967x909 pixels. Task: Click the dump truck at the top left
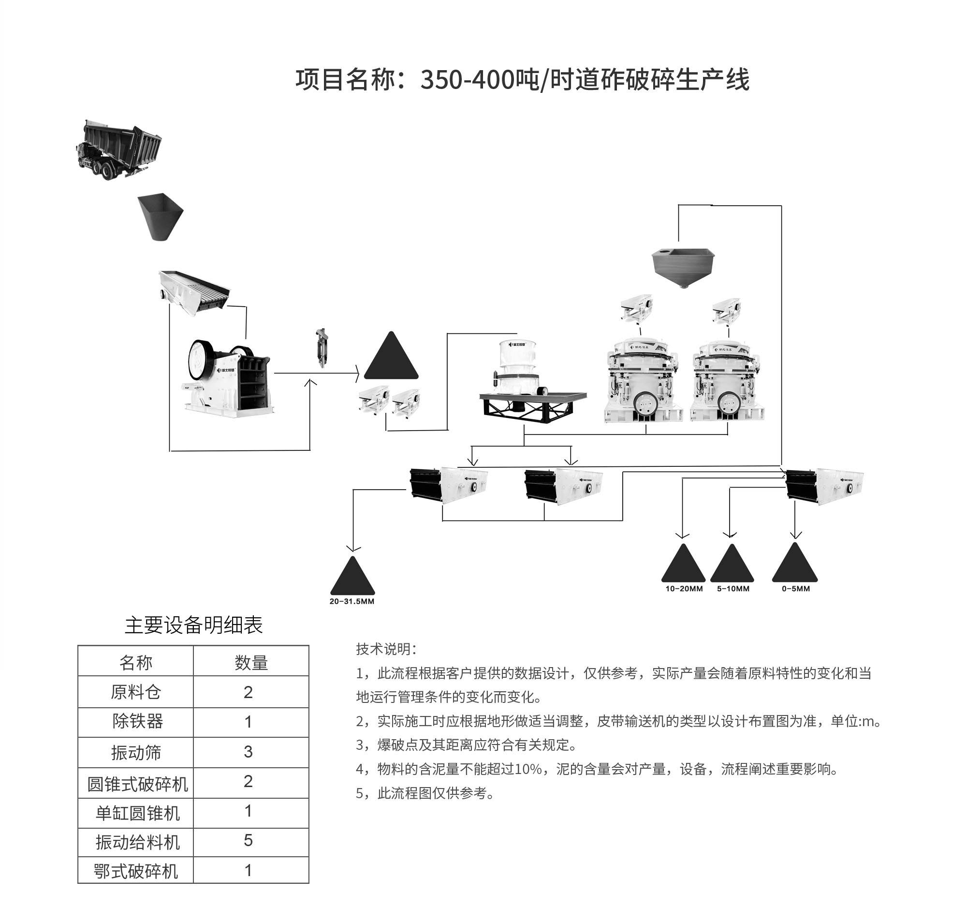[119, 149]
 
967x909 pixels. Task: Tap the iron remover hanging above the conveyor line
[321, 348]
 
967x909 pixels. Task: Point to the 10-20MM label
[684, 589]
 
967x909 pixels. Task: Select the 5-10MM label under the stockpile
[733, 589]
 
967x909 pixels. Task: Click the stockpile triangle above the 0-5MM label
[795, 565]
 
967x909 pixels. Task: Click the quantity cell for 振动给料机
[248, 840]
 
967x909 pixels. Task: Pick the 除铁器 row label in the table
[137, 721]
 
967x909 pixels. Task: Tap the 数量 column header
[251, 663]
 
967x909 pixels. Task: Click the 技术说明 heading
[386, 649]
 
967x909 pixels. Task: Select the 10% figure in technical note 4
[528, 769]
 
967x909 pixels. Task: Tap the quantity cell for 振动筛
[248, 752]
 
